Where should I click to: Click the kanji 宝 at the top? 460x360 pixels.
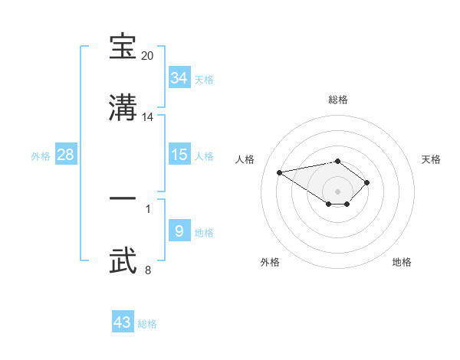click(x=123, y=48)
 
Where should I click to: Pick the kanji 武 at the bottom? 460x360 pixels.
click(x=123, y=260)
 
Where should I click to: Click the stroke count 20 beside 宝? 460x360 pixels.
click(x=147, y=56)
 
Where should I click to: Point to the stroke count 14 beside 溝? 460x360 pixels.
click(x=148, y=117)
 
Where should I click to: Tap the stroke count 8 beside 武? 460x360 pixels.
click(x=148, y=270)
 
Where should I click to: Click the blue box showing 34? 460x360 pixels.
click(x=179, y=78)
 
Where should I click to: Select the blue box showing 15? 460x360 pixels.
click(x=179, y=155)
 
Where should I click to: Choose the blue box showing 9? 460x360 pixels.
click(x=179, y=231)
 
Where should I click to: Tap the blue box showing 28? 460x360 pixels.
click(x=66, y=155)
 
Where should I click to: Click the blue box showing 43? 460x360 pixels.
click(x=123, y=322)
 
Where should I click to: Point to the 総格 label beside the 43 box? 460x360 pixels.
click(x=147, y=324)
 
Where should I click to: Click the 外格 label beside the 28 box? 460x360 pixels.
click(x=41, y=156)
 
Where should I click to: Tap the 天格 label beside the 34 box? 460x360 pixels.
click(x=204, y=80)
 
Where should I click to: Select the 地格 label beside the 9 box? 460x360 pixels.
click(x=204, y=232)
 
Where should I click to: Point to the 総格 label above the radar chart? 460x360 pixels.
click(x=338, y=100)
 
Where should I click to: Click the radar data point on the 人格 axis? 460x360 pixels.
click(x=280, y=172)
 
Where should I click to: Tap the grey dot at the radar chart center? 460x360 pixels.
click(x=337, y=191)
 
